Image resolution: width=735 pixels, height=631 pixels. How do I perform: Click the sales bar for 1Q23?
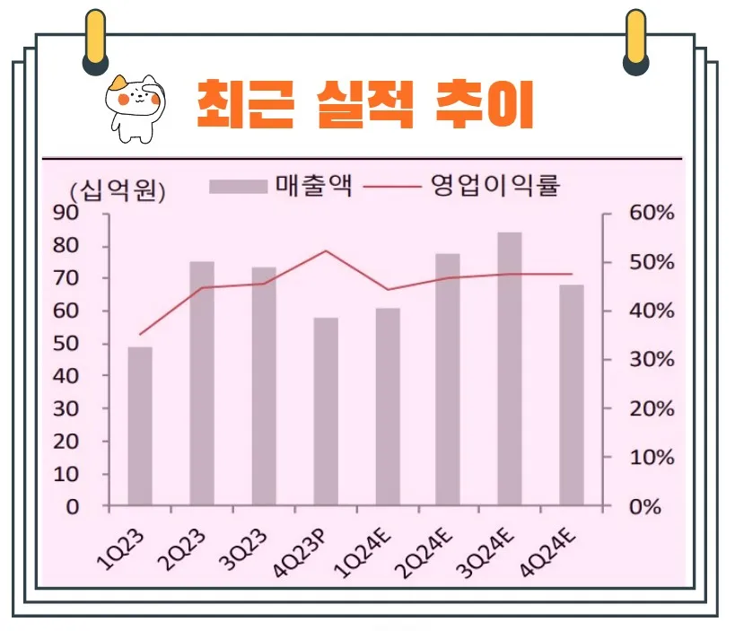pyautogui.click(x=140, y=426)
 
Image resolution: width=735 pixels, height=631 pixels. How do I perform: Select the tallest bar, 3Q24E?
pyautogui.click(x=510, y=369)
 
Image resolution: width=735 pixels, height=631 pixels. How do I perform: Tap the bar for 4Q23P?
pyautogui.click(x=326, y=412)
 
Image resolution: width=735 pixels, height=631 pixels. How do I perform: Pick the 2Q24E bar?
pyautogui.click(x=448, y=380)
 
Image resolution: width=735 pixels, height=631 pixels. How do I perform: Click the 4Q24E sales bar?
pyautogui.click(x=572, y=395)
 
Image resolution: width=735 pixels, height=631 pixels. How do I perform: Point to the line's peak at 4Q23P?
pyautogui.click(x=326, y=251)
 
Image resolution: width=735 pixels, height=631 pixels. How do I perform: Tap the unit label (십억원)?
pyautogui.click(x=118, y=189)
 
